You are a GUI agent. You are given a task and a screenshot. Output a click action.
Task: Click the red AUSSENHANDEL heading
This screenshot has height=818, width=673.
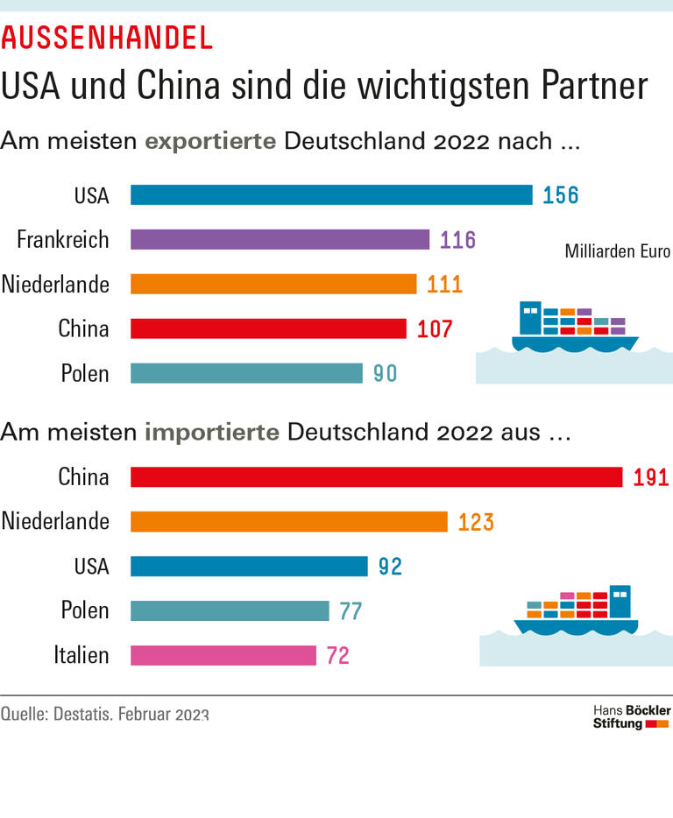click(x=107, y=38)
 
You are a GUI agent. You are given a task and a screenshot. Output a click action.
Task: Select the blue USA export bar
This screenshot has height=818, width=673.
click(x=331, y=194)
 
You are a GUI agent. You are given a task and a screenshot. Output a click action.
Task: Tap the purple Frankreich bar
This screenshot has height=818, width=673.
click(x=280, y=239)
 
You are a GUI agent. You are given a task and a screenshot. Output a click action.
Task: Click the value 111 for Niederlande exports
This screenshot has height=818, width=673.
click(x=445, y=284)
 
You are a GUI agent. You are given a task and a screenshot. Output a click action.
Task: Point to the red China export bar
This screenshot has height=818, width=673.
click(x=268, y=328)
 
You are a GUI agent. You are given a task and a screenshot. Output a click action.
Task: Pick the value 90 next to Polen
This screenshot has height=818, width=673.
click(x=386, y=373)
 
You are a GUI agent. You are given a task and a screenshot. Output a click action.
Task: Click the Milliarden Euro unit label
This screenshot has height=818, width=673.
click(x=617, y=252)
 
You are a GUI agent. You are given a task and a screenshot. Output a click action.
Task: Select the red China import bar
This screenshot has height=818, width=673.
click(x=376, y=476)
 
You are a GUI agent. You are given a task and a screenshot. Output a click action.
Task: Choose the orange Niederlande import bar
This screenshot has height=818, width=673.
click(x=289, y=522)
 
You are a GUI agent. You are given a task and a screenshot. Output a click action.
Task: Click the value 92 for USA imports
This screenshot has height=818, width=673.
click(x=390, y=567)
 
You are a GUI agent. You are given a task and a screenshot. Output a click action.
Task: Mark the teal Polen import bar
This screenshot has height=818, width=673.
click(x=230, y=610)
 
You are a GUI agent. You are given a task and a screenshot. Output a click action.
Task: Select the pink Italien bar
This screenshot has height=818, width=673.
click(x=223, y=655)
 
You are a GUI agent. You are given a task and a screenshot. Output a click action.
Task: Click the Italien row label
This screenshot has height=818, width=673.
click(x=81, y=655)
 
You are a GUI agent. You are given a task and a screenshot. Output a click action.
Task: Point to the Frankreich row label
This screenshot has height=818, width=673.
click(x=63, y=239)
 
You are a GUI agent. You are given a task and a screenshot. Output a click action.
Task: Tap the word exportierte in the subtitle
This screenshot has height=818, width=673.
click(x=211, y=141)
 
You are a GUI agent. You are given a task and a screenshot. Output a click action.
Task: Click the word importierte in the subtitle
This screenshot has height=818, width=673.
click(x=212, y=432)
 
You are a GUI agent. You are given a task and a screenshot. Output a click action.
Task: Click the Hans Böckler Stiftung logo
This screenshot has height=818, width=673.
click(x=631, y=716)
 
